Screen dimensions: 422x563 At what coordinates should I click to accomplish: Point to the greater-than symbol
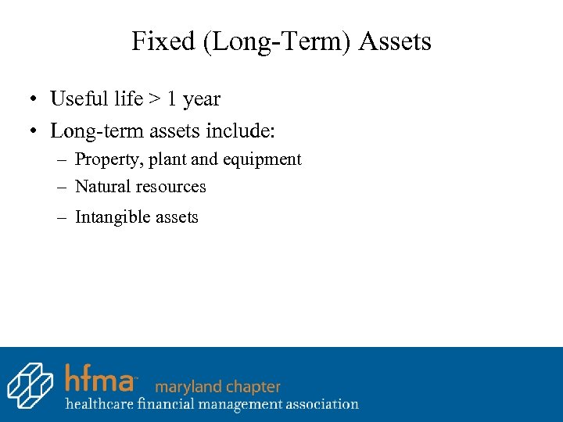tap(156, 99)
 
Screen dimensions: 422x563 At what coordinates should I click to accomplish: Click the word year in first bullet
tap(202, 100)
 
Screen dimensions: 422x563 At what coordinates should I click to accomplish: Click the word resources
tap(171, 187)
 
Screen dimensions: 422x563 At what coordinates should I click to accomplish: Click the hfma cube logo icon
tap(30, 384)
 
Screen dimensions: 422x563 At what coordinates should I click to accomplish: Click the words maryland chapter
tap(218, 386)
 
